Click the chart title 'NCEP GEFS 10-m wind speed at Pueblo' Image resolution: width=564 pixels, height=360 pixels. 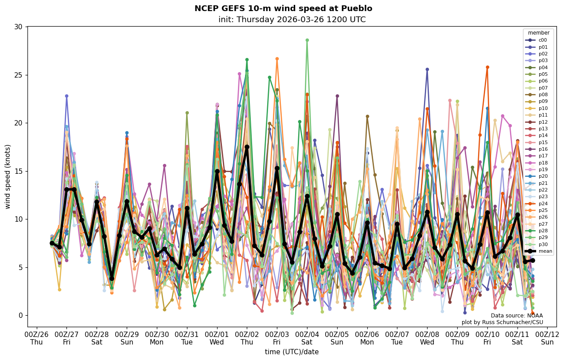[x=283, y=9]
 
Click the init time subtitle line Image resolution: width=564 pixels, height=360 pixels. [x=292, y=20]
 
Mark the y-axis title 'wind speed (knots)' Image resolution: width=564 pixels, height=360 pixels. [x=8, y=176]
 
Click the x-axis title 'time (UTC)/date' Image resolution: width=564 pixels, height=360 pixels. [x=292, y=352]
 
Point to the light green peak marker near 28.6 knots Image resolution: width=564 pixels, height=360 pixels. [x=307, y=40]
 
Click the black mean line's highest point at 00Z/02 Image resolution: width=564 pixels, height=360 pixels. [x=247, y=147]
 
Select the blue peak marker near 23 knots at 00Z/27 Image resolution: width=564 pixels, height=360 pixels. [x=66, y=96]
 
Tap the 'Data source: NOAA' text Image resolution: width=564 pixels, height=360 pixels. [x=517, y=316]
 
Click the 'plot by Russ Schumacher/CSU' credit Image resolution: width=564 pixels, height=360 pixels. [x=502, y=322]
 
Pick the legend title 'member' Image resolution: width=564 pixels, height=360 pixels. [x=538, y=33]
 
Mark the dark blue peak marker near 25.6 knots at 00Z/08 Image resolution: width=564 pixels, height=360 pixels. [x=427, y=69]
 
